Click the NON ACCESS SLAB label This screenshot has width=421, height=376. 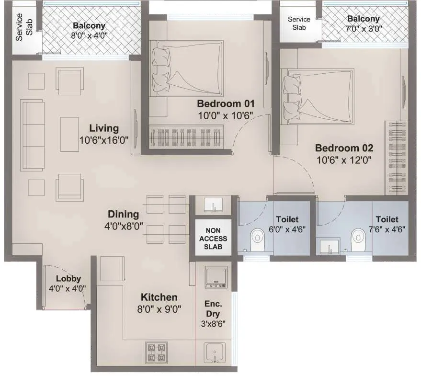(x=214, y=239)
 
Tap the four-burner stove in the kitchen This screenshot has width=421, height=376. (x=156, y=353)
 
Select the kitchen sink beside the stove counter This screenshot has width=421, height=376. (x=214, y=353)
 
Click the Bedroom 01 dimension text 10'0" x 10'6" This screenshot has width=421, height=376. (x=226, y=115)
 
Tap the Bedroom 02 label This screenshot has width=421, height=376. (x=343, y=148)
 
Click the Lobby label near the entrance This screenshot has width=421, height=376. (x=68, y=278)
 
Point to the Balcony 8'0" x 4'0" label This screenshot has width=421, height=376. (x=89, y=26)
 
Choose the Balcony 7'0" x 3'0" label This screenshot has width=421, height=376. (x=364, y=19)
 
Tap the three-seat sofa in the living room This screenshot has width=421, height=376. (x=32, y=135)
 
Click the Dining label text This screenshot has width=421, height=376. (x=124, y=215)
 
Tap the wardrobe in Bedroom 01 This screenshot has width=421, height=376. (x=186, y=137)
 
